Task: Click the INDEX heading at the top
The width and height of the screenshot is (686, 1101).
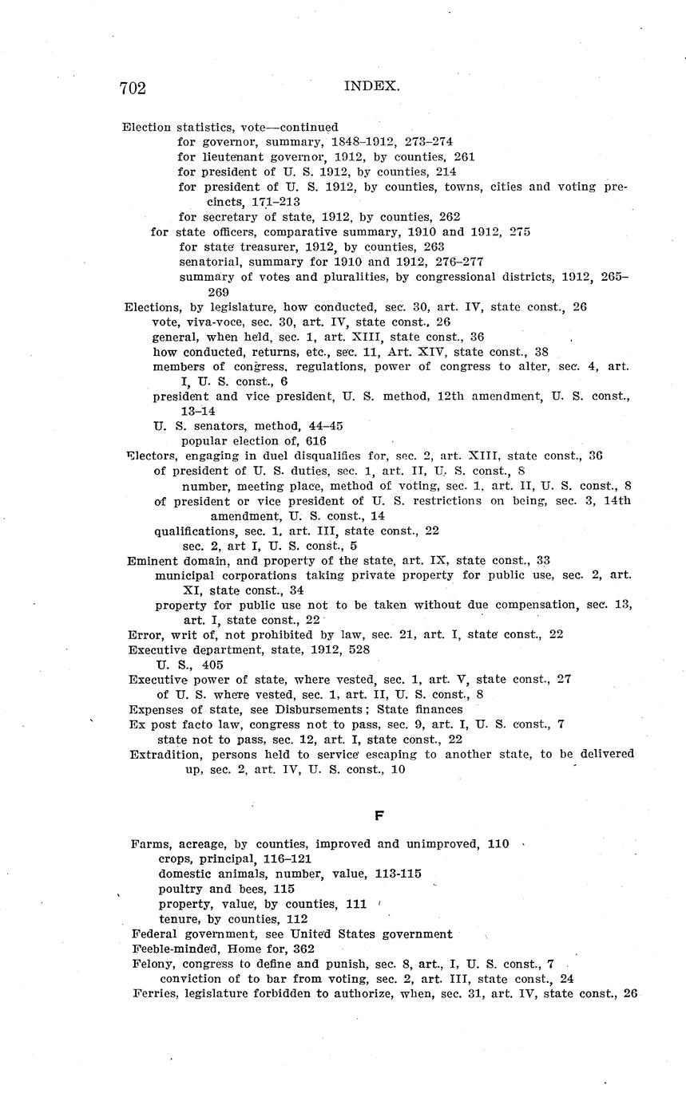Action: click(371, 86)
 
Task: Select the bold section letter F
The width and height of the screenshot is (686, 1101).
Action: click(379, 815)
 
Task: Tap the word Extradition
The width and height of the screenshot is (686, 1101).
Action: click(161, 754)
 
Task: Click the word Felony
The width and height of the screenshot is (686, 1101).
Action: click(152, 964)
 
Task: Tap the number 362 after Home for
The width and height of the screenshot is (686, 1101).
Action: click(303, 949)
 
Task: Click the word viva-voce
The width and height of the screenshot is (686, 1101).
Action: click(213, 322)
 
